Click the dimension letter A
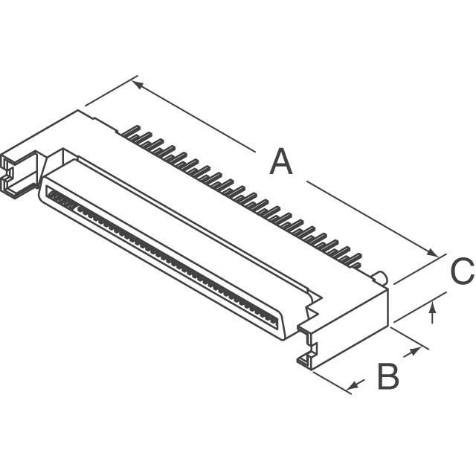point(280,162)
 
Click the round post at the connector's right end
point(381,279)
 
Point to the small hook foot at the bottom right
point(304,360)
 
